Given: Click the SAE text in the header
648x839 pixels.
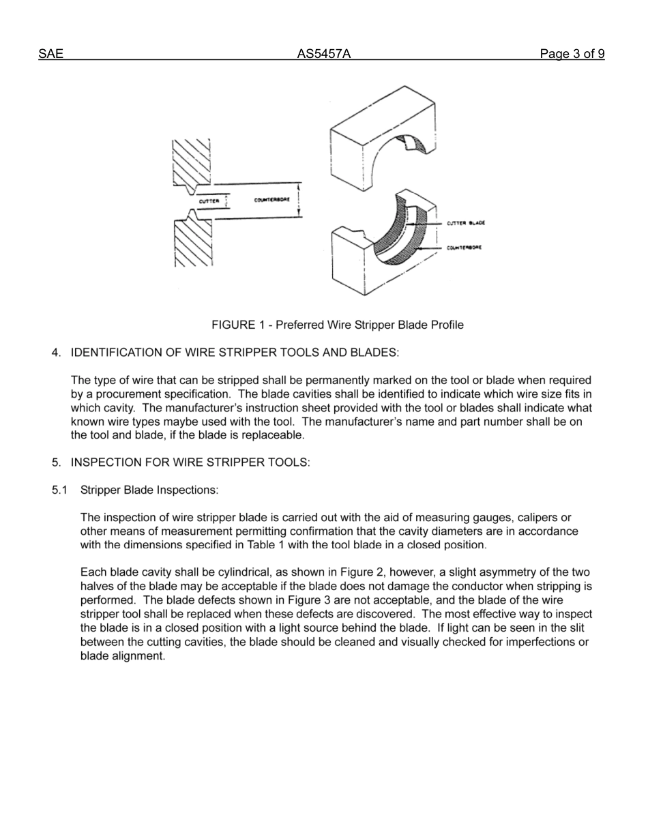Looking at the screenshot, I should (x=50, y=55).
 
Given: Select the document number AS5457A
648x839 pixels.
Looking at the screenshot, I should (x=323, y=55).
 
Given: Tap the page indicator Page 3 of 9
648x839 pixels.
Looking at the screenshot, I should (x=572, y=55).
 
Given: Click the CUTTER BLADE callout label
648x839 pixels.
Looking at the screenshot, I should (x=466, y=223).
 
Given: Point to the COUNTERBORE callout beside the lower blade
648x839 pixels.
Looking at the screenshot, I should (x=465, y=248).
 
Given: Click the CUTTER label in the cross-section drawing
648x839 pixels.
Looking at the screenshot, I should (x=209, y=201).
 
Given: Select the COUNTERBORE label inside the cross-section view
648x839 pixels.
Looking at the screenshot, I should (x=272, y=200).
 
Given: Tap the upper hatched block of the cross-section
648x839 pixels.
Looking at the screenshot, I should (x=190, y=162).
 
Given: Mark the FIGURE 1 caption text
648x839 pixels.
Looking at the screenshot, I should (x=337, y=325).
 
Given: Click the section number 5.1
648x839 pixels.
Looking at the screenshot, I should (x=60, y=490).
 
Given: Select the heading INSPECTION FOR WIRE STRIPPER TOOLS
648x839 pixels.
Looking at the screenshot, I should (x=190, y=462).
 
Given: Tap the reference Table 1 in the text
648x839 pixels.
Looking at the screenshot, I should (x=254, y=545).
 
